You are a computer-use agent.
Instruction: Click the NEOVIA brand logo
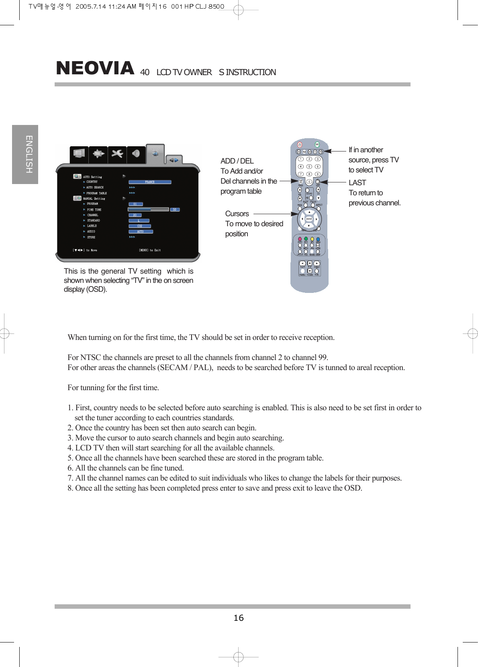[x=95, y=68]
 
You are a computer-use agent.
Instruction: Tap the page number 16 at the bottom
[x=239, y=618]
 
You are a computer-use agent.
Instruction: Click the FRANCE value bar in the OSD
[x=150, y=182]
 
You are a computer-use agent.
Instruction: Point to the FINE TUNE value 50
[x=174, y=209]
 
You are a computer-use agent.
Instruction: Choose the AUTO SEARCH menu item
[x=95, y=187]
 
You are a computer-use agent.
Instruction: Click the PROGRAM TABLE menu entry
[x=96, y=193]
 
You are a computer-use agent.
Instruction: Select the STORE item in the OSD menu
[x=91, y=237]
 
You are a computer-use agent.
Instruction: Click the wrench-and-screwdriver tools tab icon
[x=117, y=153]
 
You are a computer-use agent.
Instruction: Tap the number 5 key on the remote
[x=309, y=166]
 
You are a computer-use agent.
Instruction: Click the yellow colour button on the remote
[x=312, y=239]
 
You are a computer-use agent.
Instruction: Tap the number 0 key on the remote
[x=309, y=182]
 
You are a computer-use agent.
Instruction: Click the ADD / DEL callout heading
[x=237, y=161]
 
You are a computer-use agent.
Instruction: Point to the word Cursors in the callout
[x=237, y=214]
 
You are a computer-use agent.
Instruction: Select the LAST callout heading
[x=357, y=183]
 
